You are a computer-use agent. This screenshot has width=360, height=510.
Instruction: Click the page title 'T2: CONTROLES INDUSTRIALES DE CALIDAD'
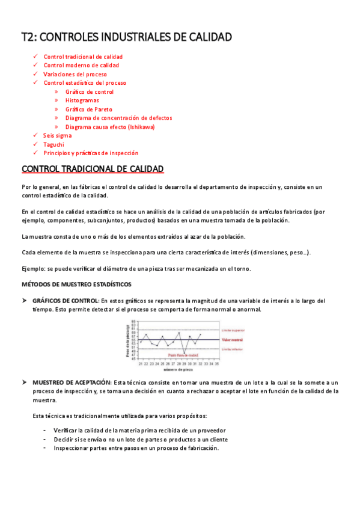coord(126,37)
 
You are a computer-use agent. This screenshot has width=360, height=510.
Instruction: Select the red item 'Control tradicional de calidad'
coord(83,57)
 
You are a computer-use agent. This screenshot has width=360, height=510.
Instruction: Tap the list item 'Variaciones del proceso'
coord(75,75)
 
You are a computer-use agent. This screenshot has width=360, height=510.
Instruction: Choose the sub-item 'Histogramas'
coord(82,101)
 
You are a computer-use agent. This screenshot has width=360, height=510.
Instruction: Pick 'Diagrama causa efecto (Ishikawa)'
coord(110,127)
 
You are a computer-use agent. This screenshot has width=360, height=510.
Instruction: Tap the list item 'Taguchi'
coord(53,145)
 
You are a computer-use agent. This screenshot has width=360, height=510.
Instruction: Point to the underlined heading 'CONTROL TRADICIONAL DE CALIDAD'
coord(93,170)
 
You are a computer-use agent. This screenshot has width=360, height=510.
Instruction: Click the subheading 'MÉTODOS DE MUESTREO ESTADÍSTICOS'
coord(76,284)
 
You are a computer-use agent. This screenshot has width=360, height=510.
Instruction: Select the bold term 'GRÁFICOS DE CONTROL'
coord(66,301)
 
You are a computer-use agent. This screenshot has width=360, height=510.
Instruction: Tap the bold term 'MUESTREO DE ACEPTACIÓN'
coord(72,382)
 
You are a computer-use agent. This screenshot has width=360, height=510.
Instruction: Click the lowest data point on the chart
coord(184,353)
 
